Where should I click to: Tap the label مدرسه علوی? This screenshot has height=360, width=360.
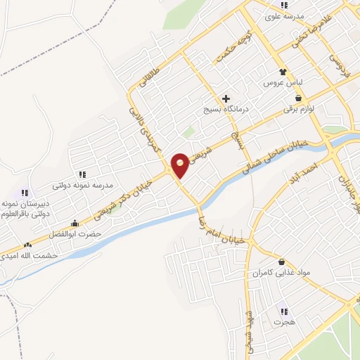click(283, 15)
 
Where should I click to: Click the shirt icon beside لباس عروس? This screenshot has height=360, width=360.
click(283, 72)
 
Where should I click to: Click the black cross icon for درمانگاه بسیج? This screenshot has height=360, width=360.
click(226, 98)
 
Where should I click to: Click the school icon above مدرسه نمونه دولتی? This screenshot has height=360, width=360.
click(82, 174)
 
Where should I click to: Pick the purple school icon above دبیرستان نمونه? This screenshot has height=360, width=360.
click(25, 192)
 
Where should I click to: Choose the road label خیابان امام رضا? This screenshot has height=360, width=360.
click(219, 227)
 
